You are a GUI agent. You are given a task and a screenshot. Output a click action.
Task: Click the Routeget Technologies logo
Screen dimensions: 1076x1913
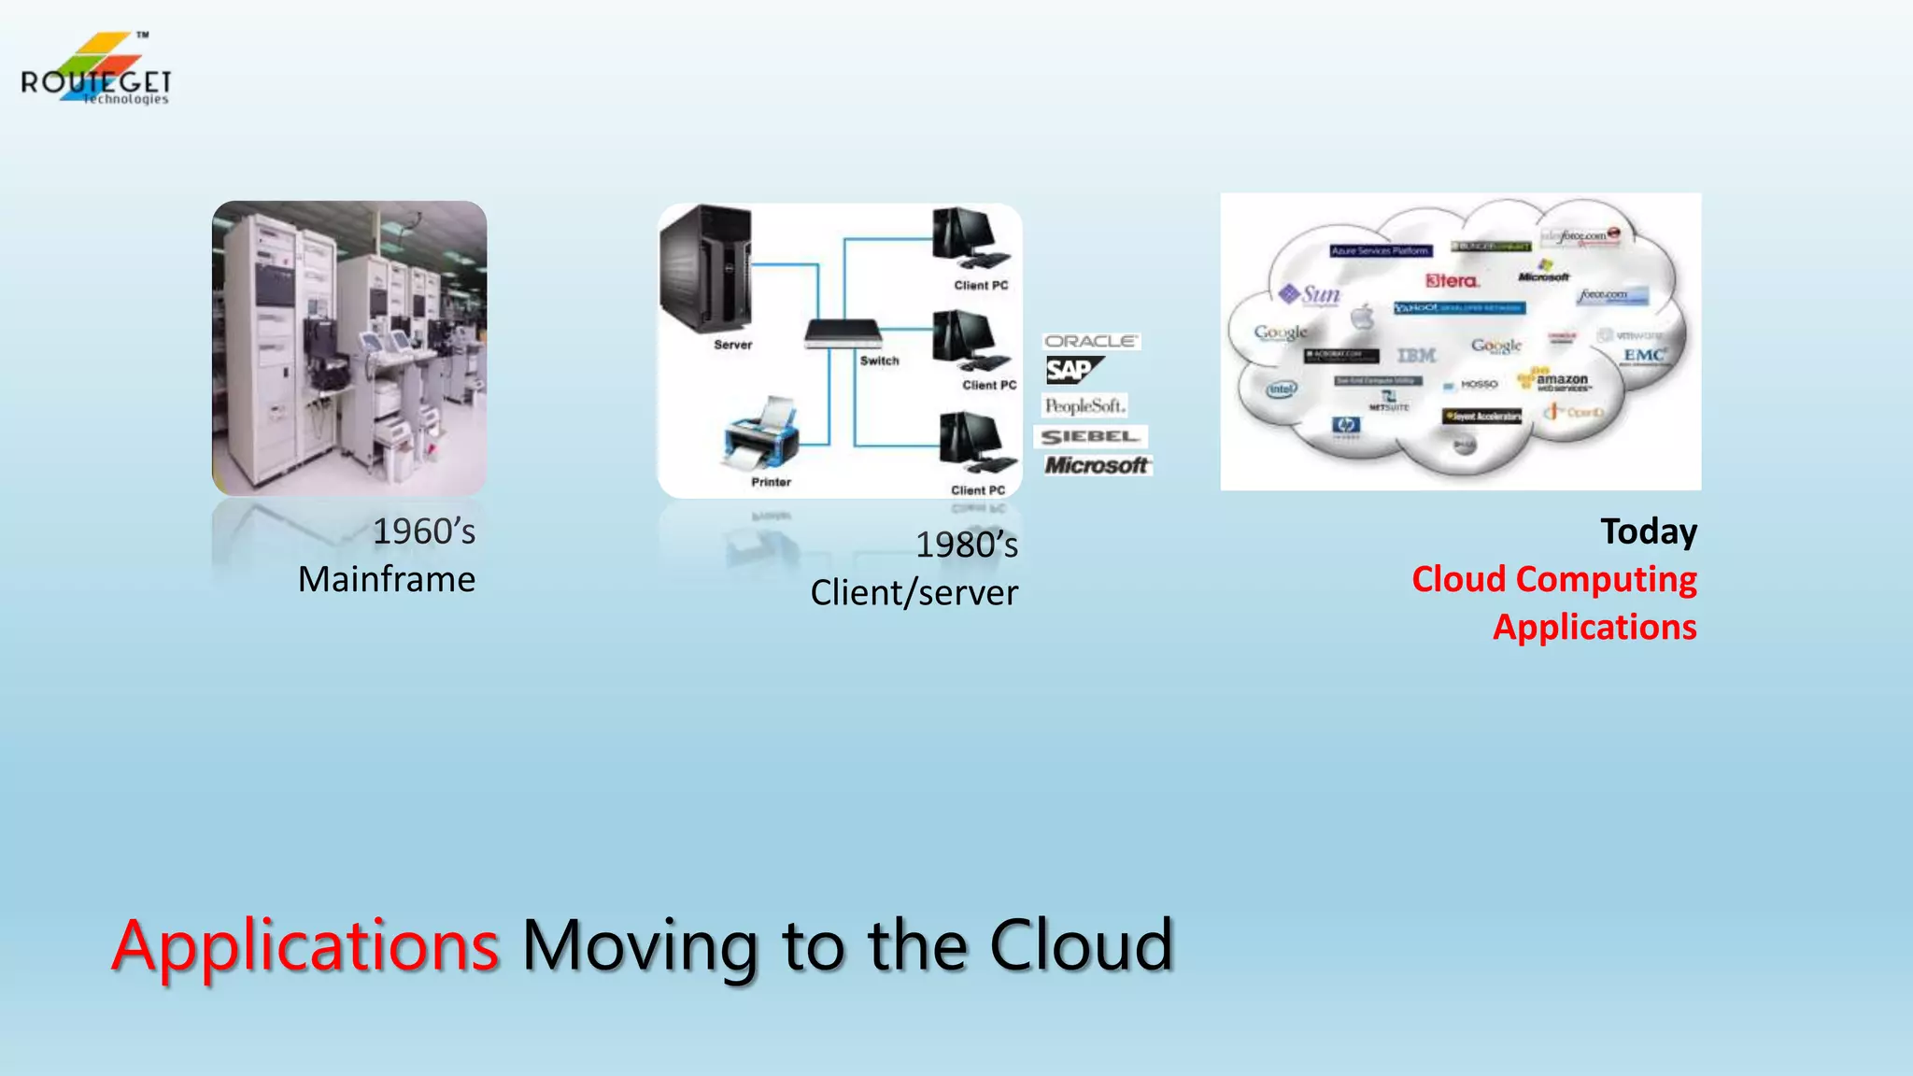point(95,71)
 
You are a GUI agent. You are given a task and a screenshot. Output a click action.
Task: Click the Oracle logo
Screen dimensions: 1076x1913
point(1090,341)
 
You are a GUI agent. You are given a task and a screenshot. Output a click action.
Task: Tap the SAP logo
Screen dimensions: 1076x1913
point(1072,371)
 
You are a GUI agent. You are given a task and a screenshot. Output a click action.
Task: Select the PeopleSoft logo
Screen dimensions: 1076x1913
point(1084,405)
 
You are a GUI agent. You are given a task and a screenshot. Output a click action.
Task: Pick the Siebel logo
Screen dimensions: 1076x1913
point(1090,436)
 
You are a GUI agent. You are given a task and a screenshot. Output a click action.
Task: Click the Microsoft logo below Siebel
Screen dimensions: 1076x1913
point(1097,464)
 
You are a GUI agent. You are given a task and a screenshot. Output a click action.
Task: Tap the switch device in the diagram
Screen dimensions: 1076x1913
point(843,333)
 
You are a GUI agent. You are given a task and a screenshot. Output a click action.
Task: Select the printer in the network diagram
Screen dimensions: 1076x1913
point(762,435)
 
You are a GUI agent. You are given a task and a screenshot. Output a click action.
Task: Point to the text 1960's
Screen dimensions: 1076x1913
point(424,531)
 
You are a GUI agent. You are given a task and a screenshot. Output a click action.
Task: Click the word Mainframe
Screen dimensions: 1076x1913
point(387,579)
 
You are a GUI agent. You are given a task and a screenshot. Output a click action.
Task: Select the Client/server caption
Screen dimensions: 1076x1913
point(914,593)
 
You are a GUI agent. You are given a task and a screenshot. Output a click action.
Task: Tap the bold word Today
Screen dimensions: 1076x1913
point(1649,531)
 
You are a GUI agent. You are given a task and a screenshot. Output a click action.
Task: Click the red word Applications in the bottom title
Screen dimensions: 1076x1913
point(305,945)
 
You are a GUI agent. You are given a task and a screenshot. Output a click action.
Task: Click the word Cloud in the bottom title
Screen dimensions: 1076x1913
point(1081,945)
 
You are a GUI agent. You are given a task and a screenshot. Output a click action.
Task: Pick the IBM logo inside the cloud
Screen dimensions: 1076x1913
point(1416,355)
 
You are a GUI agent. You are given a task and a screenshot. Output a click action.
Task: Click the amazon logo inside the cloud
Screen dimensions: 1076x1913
point(1561,380)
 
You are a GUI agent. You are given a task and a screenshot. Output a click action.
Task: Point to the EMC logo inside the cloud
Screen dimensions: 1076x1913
point(1644,355)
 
